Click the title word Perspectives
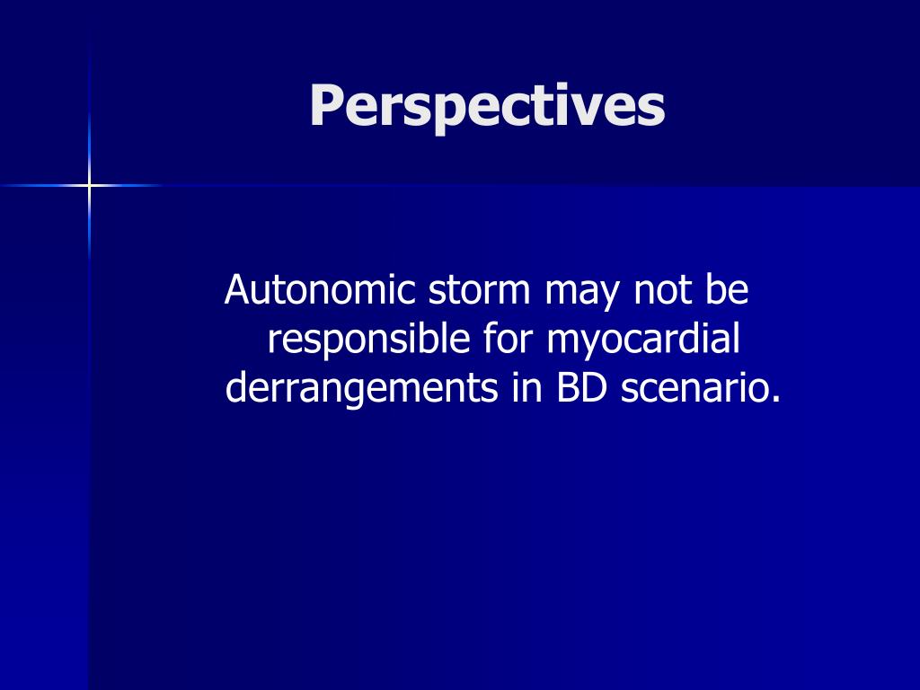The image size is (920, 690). tap(487, 107)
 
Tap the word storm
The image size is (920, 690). tap(476, 290)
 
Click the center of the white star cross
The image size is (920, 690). tap(89, 185)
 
